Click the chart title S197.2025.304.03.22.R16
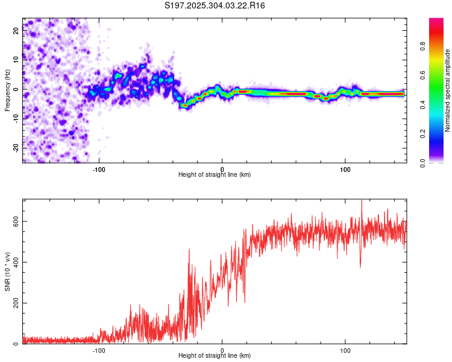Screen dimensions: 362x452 [215, 5]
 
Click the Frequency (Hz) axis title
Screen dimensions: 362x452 [7, 91]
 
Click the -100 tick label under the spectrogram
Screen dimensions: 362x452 [99, 168]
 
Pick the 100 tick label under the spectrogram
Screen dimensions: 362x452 [345, 168]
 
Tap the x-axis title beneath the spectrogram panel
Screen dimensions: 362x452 [215, 175]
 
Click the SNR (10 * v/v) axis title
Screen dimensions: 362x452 [7, 271]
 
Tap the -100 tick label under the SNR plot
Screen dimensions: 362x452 [99, 350]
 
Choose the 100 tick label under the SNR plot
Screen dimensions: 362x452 [345, 350]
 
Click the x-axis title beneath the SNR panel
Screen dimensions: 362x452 [215, 356]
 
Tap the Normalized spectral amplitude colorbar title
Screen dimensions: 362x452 [447, 91]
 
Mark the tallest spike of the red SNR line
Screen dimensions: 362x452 [362, 201]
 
